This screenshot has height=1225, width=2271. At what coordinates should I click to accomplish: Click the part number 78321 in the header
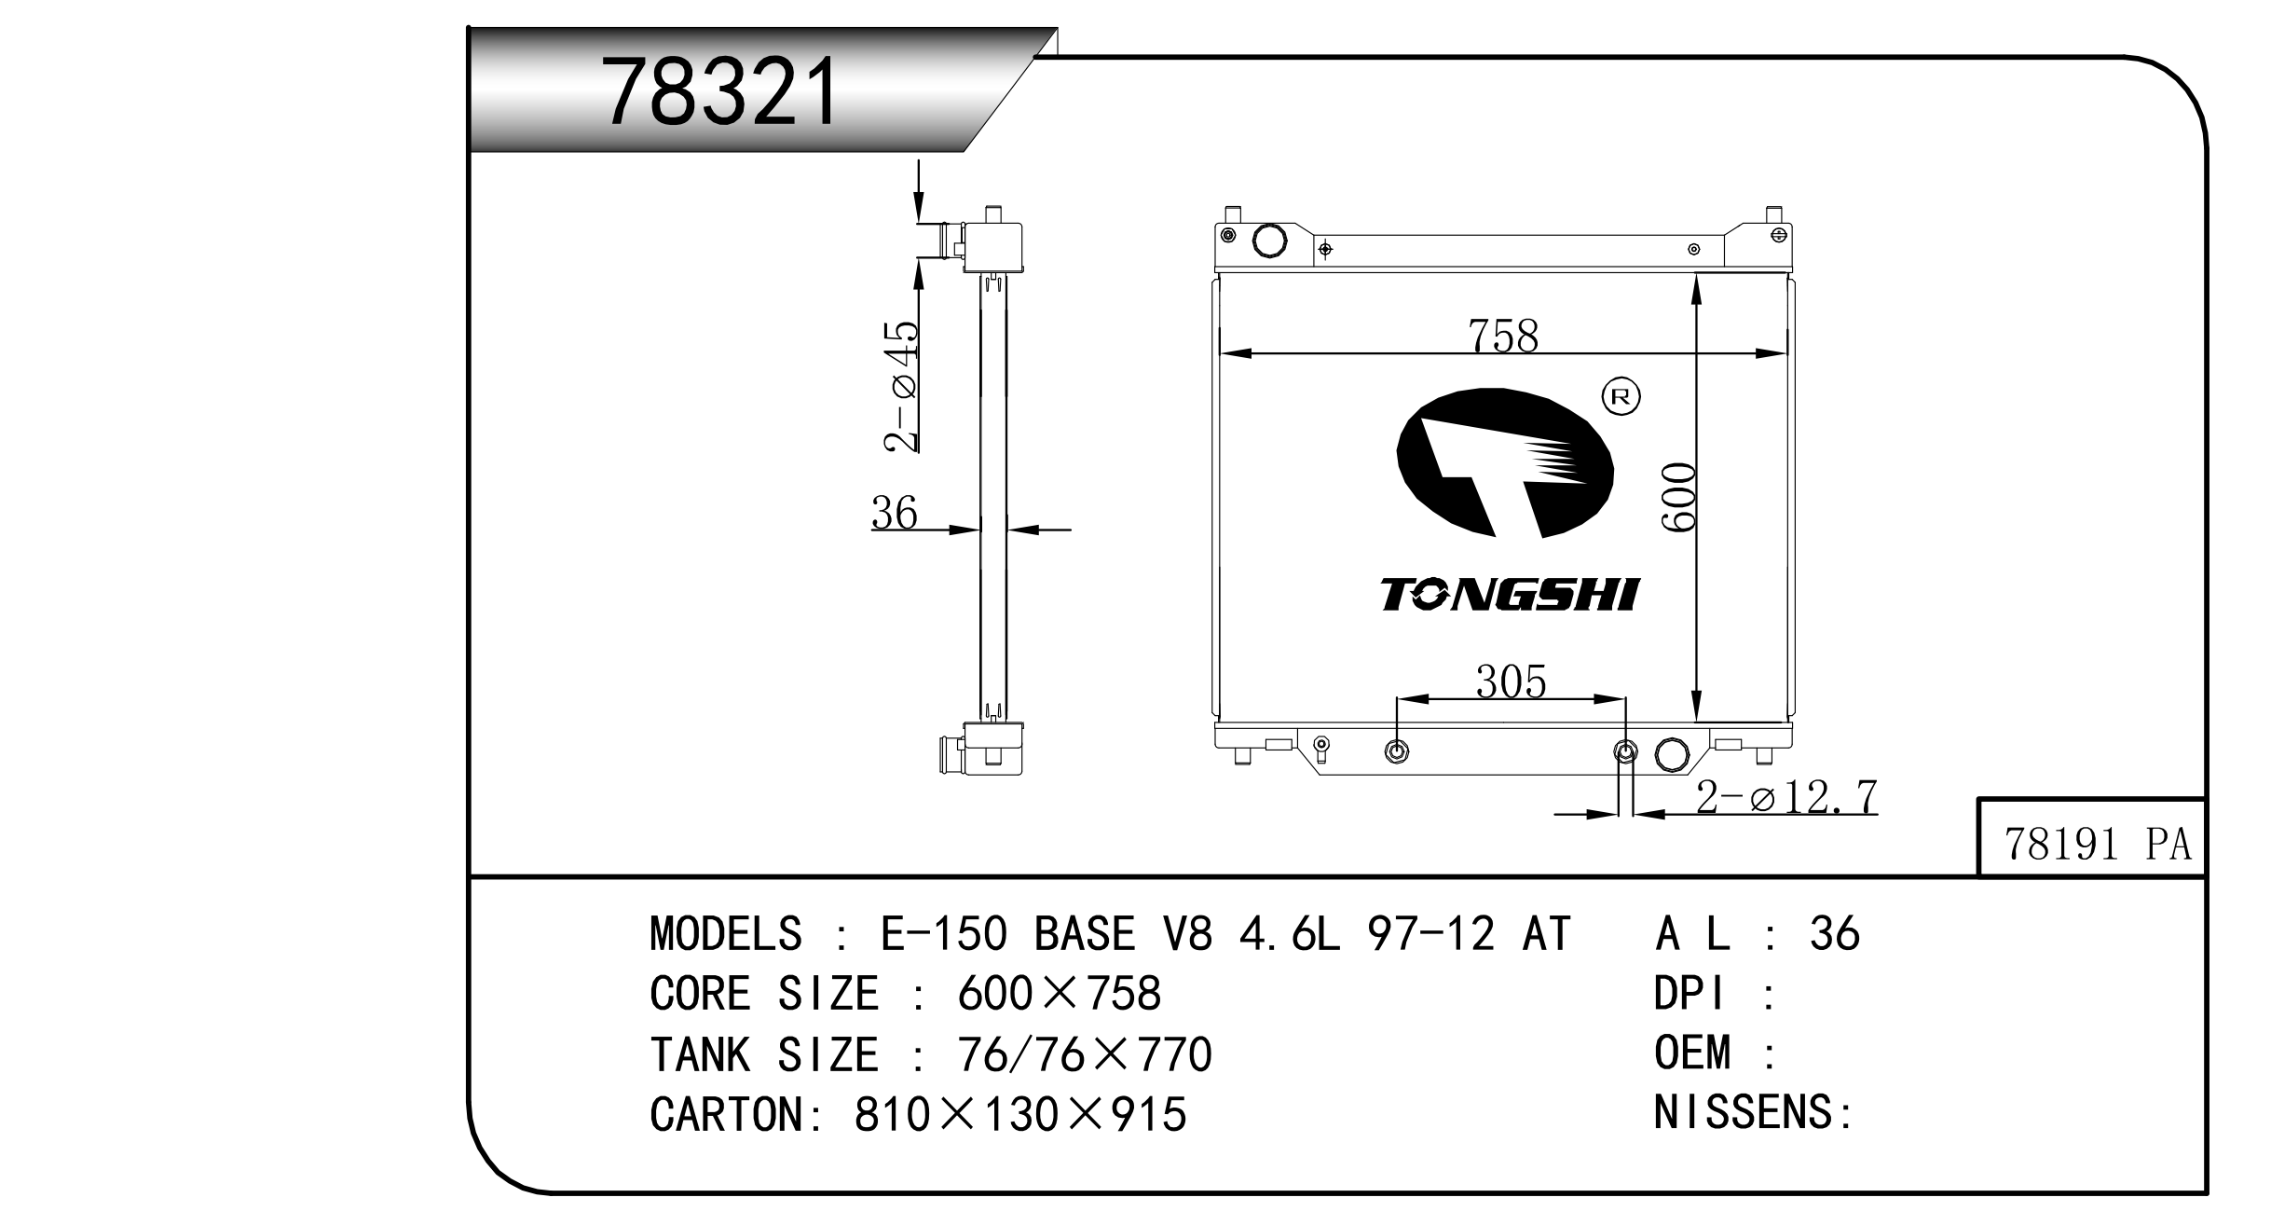point(720,91)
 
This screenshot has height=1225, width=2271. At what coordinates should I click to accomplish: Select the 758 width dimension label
point(1502,336)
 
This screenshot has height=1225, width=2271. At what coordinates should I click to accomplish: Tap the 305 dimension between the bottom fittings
point(1511,681)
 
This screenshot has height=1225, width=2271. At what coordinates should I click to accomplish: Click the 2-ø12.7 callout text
point(1786,797)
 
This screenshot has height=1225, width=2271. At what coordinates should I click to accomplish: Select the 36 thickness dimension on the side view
point(895,512)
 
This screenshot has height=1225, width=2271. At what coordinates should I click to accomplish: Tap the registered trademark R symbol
point(1621,397)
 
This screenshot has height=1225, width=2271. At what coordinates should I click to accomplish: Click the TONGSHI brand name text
point(1510,594)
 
